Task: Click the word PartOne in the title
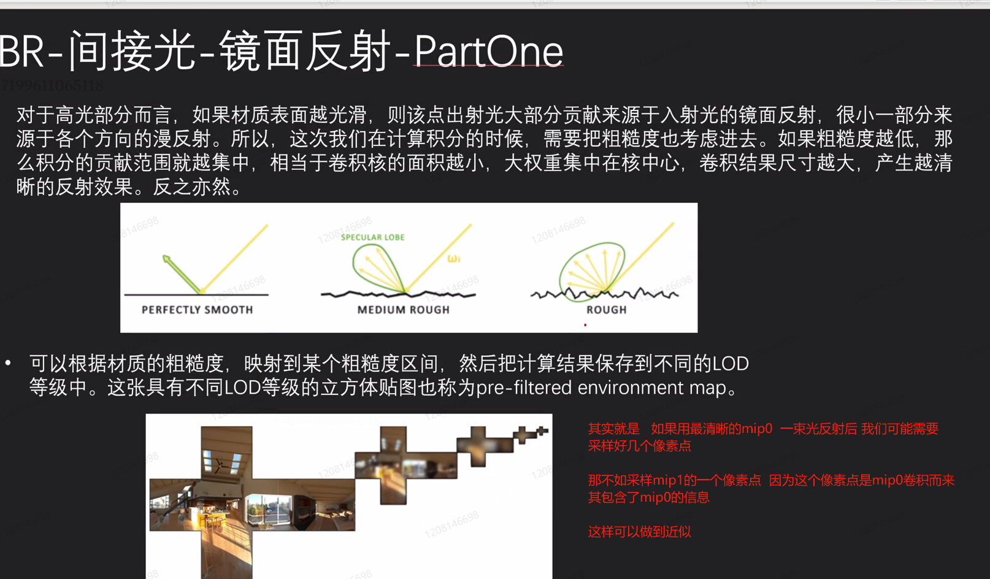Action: tap(488, 52)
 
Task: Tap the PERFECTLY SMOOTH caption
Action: tap(197, 310)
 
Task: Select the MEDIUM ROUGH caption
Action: tap(403, 310)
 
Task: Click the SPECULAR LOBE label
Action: tap(372, 237)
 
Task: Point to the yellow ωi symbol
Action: tap(454, 259)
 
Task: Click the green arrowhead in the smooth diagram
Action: tap(166, 259)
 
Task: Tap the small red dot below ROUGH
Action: tap(585, 325)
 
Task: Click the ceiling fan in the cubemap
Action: tap(220, 465)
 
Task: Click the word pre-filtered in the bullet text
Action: tap(524, 388)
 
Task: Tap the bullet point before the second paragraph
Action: tap(8, 363)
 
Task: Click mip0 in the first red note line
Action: tap(757, 428)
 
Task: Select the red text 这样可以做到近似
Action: tap(639, 531)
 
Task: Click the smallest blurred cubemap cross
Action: tap(542, 431)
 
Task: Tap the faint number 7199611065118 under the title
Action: tap(52, 85)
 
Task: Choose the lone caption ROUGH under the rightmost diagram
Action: tap(607, 310)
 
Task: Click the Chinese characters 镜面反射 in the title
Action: tap(305, 52)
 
